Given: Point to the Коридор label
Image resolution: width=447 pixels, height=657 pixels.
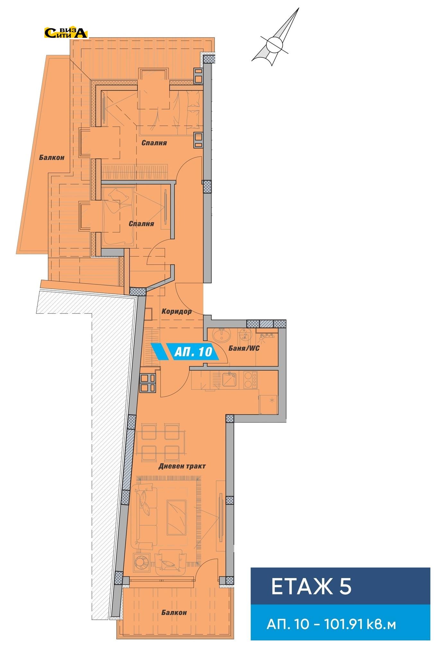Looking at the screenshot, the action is [x=177, y=311].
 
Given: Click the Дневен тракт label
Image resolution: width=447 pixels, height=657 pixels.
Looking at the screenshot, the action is [x=182, y=466].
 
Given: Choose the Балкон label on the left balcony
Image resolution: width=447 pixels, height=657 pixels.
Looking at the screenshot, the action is [x=52, y=158].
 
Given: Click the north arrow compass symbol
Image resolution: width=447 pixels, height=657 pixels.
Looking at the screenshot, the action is [x=276, y=38].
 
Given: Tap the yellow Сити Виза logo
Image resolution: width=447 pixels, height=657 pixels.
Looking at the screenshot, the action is [x=66, y=33].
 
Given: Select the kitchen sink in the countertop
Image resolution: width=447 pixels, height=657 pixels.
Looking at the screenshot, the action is [x=230, y=380].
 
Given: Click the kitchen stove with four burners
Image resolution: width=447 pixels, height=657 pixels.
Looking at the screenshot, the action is [x=250, y=380].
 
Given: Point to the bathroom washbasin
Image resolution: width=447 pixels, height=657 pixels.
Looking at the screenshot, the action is [x=222, y=335].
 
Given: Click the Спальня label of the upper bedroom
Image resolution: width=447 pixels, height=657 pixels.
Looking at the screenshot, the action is [x=154, y=143].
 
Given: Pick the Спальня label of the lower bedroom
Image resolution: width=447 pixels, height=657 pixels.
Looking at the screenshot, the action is [x=141, y=224].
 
